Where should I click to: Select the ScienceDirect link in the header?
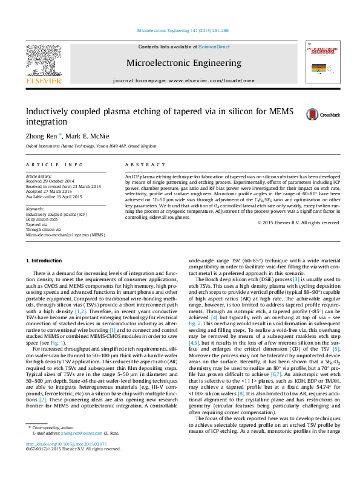click(x=214, y=47)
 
